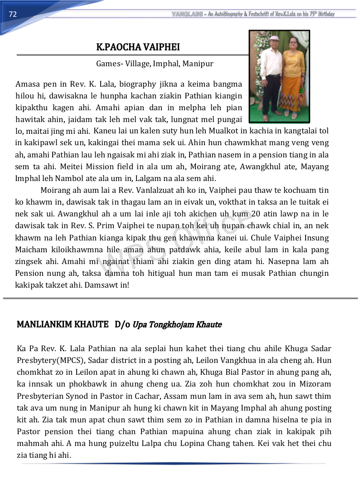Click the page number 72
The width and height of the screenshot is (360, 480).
point(13,15)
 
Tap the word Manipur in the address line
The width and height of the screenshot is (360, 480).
point(198,64)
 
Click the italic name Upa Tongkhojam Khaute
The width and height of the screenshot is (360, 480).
point(177,325)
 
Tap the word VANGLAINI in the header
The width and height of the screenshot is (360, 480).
point(187,14)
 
